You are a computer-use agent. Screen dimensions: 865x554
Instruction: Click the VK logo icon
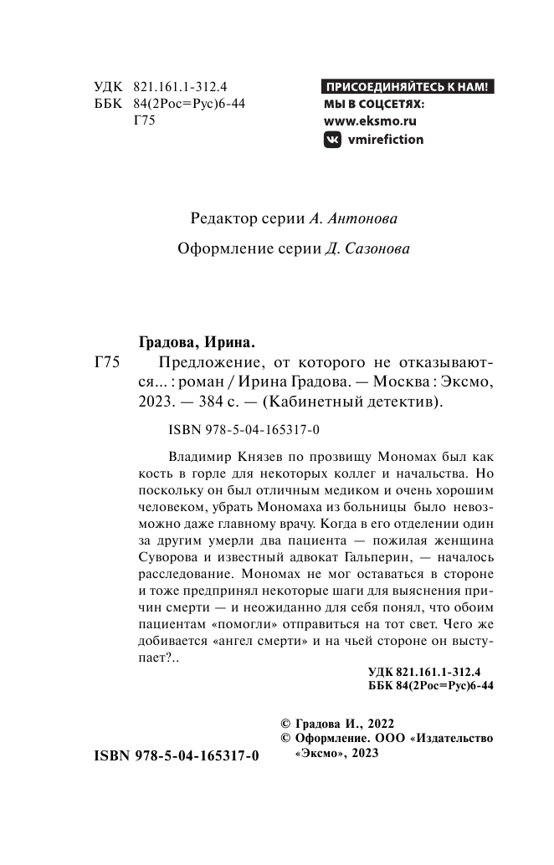(332, 140)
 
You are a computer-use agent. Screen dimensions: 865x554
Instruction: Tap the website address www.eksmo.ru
(370, 121)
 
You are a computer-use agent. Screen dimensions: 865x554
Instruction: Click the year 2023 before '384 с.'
(151, 402)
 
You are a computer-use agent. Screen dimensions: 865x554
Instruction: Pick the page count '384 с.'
(208, 402)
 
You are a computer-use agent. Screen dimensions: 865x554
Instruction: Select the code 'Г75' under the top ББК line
(145, 119)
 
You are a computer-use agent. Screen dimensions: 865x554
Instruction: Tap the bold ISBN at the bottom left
(172, 755)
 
